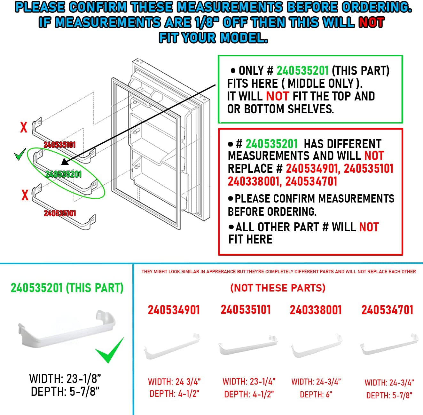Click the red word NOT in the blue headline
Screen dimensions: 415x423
(x=371, y=22)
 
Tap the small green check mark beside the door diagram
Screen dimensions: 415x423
(x=20, y=156)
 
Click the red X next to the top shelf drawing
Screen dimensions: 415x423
(x=24, y=127)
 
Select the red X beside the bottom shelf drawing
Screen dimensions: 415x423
(x=25, y=195)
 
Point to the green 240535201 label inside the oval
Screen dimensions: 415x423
(x=63, y=174)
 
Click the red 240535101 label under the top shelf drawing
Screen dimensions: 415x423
(x=59, y=145)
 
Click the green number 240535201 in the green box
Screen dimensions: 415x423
(x=302, y=71)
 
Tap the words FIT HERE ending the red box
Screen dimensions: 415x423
(x=250, y=239)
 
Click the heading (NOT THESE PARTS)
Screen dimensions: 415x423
(x=278, y=288)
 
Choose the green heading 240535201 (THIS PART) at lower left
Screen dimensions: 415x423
(x=67, y=288)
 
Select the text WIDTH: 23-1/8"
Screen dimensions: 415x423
(x=65, y=379)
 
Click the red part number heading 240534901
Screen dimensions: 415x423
(x=174, y=310)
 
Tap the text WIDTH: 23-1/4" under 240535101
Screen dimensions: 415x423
(x=249, y=381)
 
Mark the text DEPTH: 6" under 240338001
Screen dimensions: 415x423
(x=316, y=395)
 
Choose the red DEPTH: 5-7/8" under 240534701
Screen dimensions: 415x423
(x=389, y=395)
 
